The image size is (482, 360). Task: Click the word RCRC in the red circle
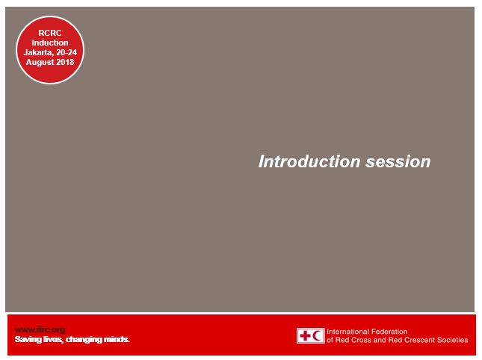pyautogui.click(x=50, y=33)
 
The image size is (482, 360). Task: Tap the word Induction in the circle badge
pyautogui.click(x=50, y=43)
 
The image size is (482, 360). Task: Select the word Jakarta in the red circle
pyautogui.click(x=38, y=52)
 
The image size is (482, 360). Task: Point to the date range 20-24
pyautogui.click(x=66, y=52)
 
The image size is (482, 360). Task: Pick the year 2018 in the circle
pyautogui.click(x=66, y=62)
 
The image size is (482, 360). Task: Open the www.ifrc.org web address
pyautogui.click(x=40, y=329)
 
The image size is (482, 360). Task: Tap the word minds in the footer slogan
pyautogui.click(x=117, y=340)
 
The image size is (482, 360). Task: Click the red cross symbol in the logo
pyautogui.click(x=305, y=336)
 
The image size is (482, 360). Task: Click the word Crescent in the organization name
pyautogui.click(x=418, y=341)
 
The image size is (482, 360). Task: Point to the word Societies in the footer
pyautogui.click(x=452, y=341)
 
